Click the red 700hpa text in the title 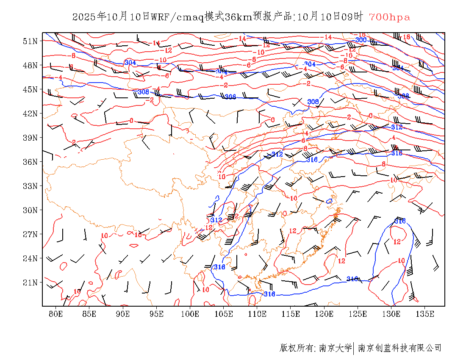tap(389, 17)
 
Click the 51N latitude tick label tap(30, 41)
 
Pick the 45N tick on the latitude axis tap(30, 89)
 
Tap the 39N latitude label tap(30, 138)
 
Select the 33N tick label tap(30, 186)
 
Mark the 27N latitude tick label tap(30, 234)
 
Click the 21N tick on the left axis tap(30, 282)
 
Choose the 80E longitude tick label tap(56, 314)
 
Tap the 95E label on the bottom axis tap(157, 314)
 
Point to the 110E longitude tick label tap(257, 314)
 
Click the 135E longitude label tap(425, 314)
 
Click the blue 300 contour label tap(361, 40)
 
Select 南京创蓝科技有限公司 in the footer tap(399, 348)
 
